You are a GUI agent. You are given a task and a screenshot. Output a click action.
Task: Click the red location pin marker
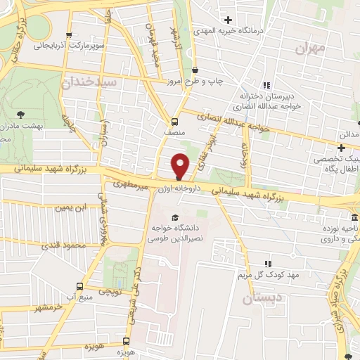tap(180, 165)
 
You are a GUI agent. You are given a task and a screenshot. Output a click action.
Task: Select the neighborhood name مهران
tap(311, 49)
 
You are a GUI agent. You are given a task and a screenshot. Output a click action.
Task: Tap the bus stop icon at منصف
tap(174, 120)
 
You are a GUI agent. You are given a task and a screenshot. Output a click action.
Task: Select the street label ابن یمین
tap(75, 208)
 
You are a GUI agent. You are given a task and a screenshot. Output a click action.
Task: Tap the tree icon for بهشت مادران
tap(19, 112)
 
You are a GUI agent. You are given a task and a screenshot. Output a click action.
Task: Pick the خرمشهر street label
tap(49, 308)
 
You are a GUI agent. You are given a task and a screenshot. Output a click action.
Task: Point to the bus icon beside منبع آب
tap(79, 286)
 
